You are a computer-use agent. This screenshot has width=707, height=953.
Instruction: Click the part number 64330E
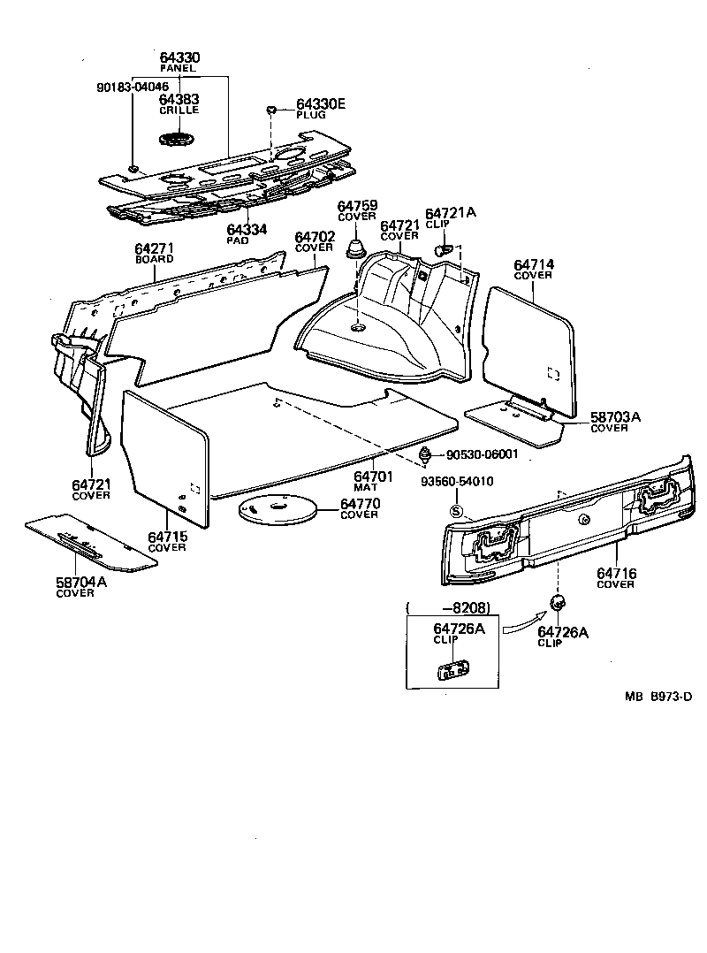click(321, 104)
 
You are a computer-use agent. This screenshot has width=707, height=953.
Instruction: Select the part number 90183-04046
click(133, 87)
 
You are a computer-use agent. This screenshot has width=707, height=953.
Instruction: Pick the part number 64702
click(314, 237)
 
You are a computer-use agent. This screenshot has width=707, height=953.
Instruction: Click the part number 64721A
click(451, 213)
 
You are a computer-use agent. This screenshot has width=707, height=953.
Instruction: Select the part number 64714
click(533, 264)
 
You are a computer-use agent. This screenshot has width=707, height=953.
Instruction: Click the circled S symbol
click(456, 510)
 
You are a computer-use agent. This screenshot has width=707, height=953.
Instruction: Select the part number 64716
click(616, 574)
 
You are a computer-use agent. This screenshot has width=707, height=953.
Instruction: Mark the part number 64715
click(167, 537)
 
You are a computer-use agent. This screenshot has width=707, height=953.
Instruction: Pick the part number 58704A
click(77, 582)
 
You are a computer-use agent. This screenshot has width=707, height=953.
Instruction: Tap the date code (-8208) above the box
click(448, 607)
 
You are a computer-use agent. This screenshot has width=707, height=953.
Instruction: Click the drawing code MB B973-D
click(658, 697)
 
